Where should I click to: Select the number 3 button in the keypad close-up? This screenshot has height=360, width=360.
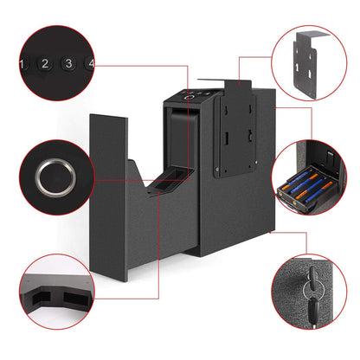click(67, 63)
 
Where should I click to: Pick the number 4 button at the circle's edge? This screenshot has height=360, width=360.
click(89, 63)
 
